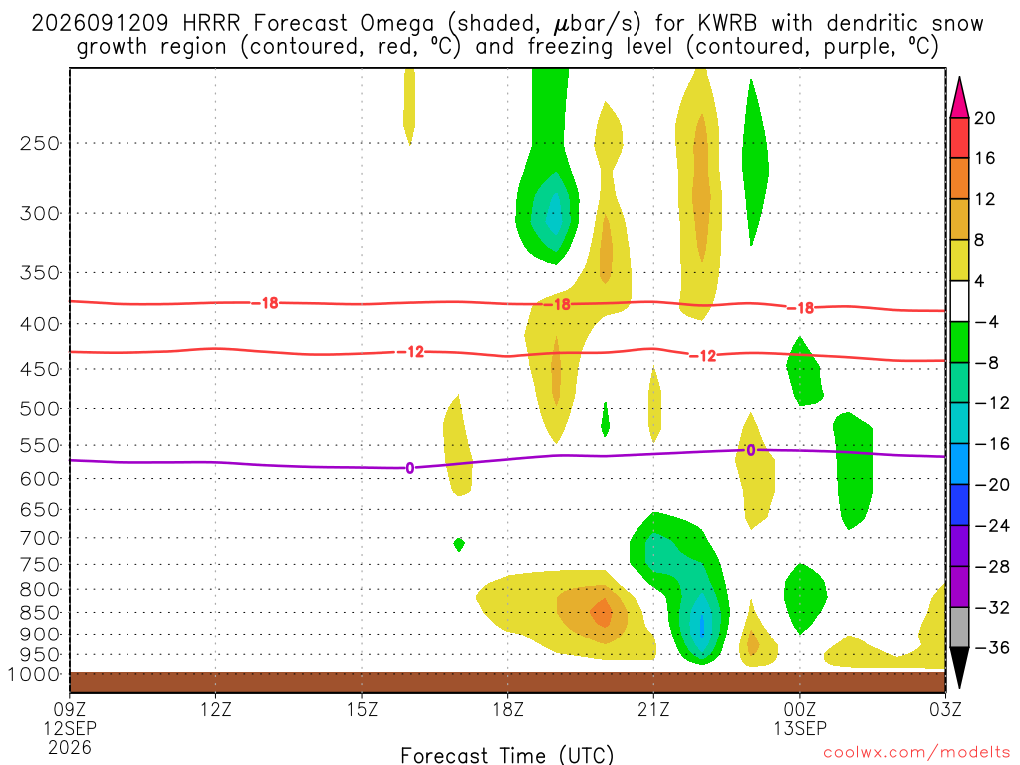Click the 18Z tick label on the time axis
(x=507, y=709)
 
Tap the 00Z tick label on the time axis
(x=800, y=709)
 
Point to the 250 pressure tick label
(x=40, y=143)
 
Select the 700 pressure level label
(x=40, y=538)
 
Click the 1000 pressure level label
(x=35, y=675)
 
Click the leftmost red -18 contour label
(x=265, y=303)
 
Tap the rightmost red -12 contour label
(x=702, y=356)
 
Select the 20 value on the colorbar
(x=984, y=118)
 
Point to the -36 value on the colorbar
(x=991, y=647)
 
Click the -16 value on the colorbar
(x=991, y=444)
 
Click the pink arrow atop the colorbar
(x=959, y=98)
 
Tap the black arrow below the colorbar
(x=959, y=667)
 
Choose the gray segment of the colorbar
(x=959, y=628)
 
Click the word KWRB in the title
(x=727, y=24)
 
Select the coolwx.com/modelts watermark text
(x=916, y=753)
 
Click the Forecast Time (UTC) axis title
(x=507, y=755)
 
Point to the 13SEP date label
(x=800, y=728)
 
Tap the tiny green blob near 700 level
(x=459, y=544)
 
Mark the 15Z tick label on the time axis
(x=362, y=709)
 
